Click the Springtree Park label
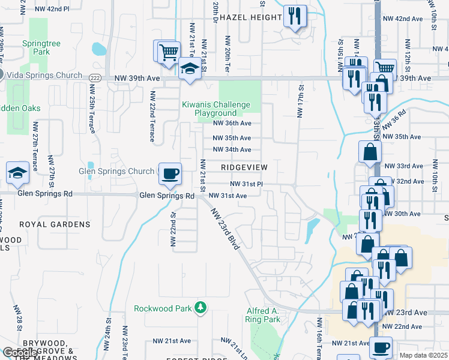click(37, 48)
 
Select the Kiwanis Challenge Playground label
click(216, 109)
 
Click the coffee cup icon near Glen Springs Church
click(169, 174)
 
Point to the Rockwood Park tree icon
click(200, 308)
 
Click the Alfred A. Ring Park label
click(263, 315)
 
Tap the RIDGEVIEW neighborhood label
click(244, 166)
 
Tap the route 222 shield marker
click(95, 79)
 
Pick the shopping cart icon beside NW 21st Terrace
click(167, 51)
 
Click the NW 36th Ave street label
click(232, 124)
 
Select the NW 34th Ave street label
click(232, 149)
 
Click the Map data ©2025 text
click(423, 355)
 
